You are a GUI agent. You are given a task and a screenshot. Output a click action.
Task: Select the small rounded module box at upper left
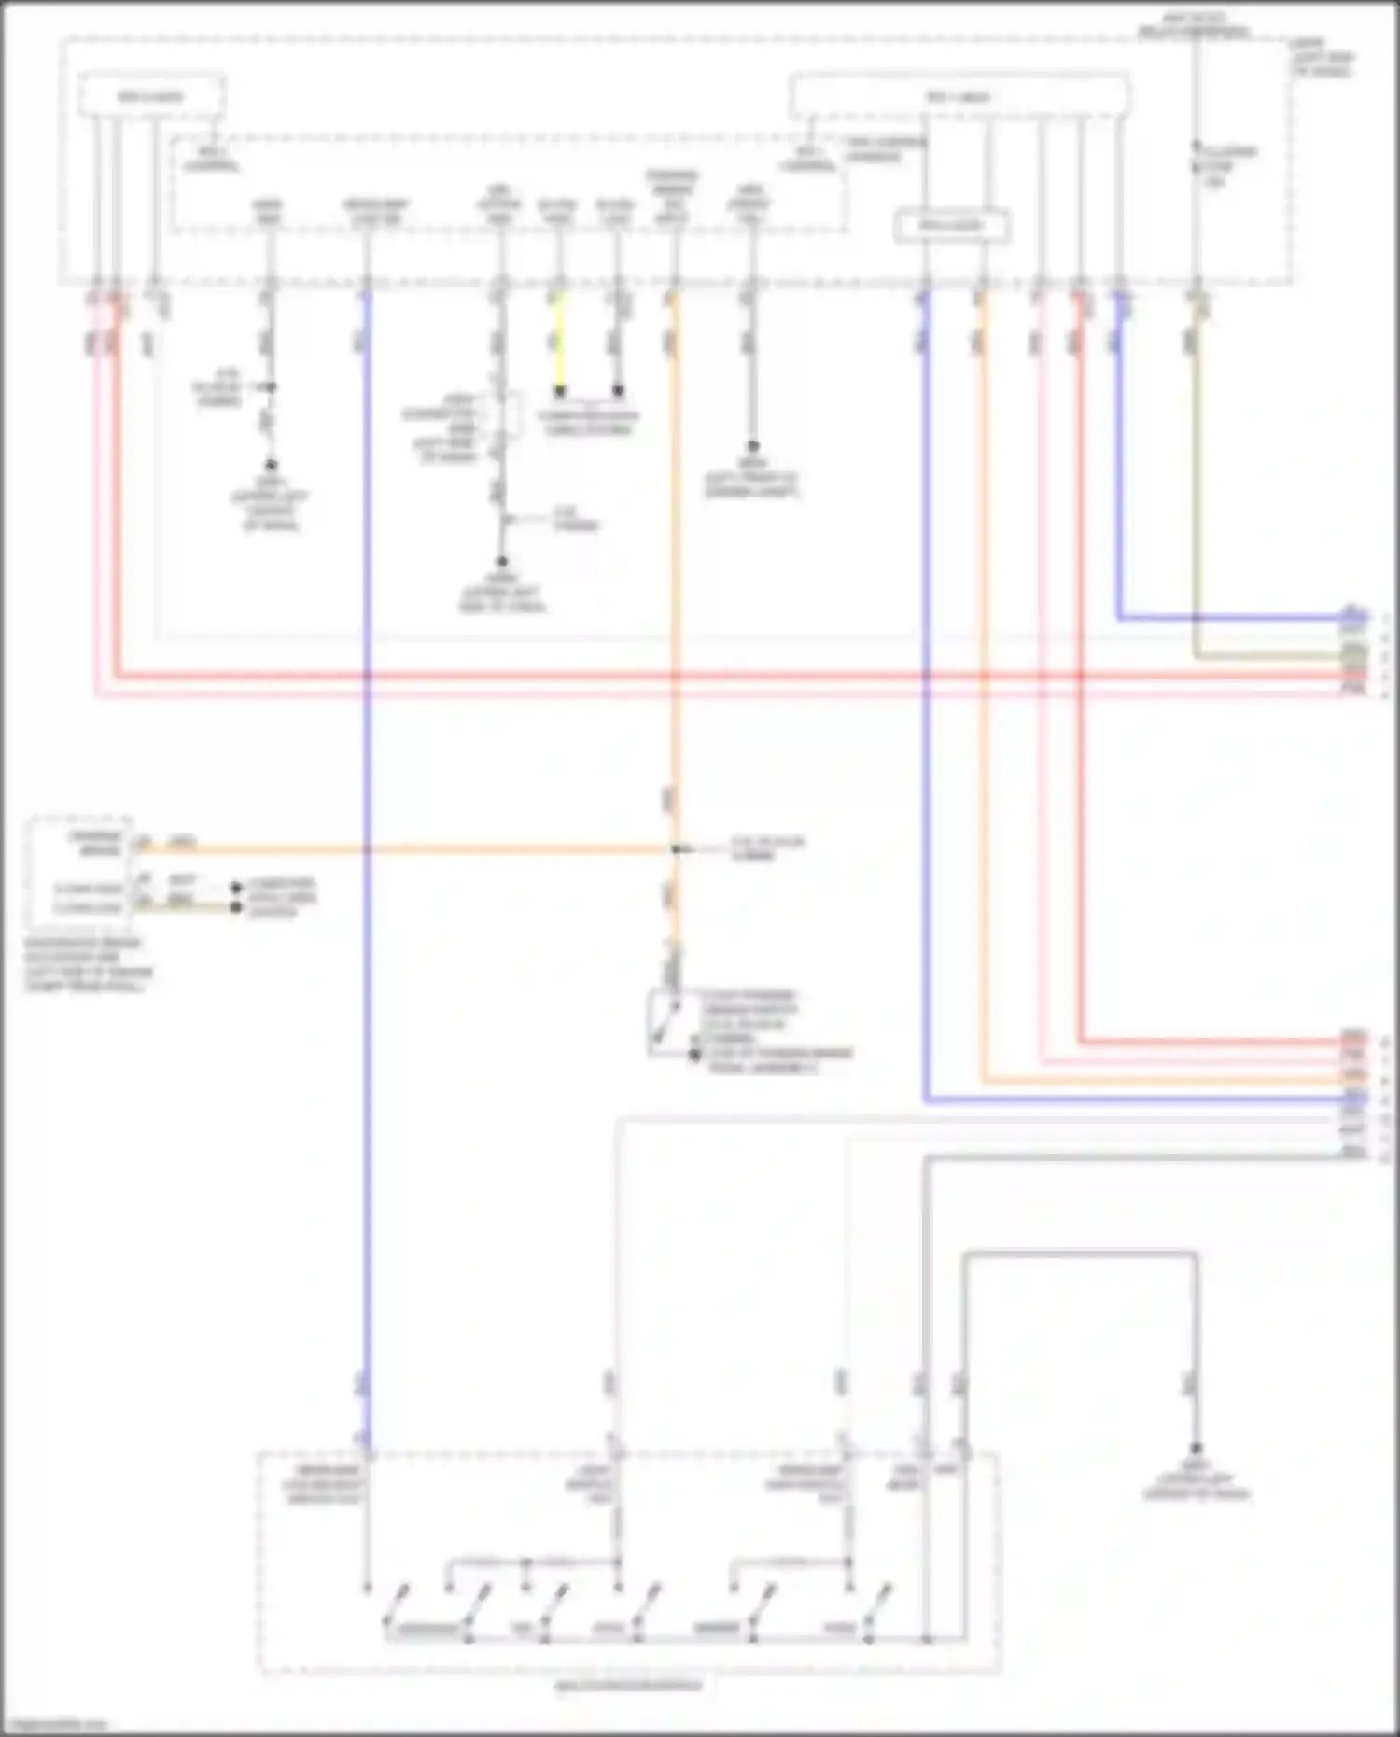coord(150,96)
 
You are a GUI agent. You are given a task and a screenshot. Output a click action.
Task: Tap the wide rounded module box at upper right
coord(959,97)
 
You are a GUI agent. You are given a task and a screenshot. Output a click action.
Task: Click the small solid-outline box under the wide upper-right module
coord(952,226)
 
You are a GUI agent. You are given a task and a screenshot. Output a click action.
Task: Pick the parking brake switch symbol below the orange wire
coord(664,1024)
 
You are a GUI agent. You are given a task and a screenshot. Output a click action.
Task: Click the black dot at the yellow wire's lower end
coord(560,391)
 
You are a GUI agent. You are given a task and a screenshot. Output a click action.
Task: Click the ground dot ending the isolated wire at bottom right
coord(1196,1450)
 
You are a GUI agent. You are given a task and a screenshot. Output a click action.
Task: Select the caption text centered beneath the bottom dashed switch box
coord(629,1686)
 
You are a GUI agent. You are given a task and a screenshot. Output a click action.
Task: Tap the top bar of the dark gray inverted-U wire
coord(1080,1254)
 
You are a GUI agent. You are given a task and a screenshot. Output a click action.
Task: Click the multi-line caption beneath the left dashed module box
coord(88,964)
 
